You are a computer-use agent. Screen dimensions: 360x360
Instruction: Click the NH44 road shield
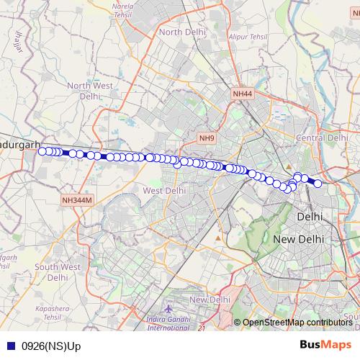(243, 94)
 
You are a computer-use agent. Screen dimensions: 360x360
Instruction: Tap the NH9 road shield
(207, 138)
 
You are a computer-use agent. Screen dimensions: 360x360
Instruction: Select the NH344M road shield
(78, 199)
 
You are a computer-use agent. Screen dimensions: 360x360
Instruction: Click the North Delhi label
(183, 32)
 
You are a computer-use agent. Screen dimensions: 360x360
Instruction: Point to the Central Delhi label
(323, 138)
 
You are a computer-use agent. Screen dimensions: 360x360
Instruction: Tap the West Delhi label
(164, 191)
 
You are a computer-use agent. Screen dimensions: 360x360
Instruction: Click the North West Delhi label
(90, 91)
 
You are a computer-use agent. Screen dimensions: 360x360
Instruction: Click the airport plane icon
(168, 309)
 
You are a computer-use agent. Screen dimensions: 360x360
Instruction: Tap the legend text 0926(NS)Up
(51, 346)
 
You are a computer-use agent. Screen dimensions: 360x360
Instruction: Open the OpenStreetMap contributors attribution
(297, 323)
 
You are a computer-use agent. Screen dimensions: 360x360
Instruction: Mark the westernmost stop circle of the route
(42, 150)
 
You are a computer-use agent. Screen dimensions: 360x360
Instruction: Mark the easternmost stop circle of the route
(318, 184)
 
